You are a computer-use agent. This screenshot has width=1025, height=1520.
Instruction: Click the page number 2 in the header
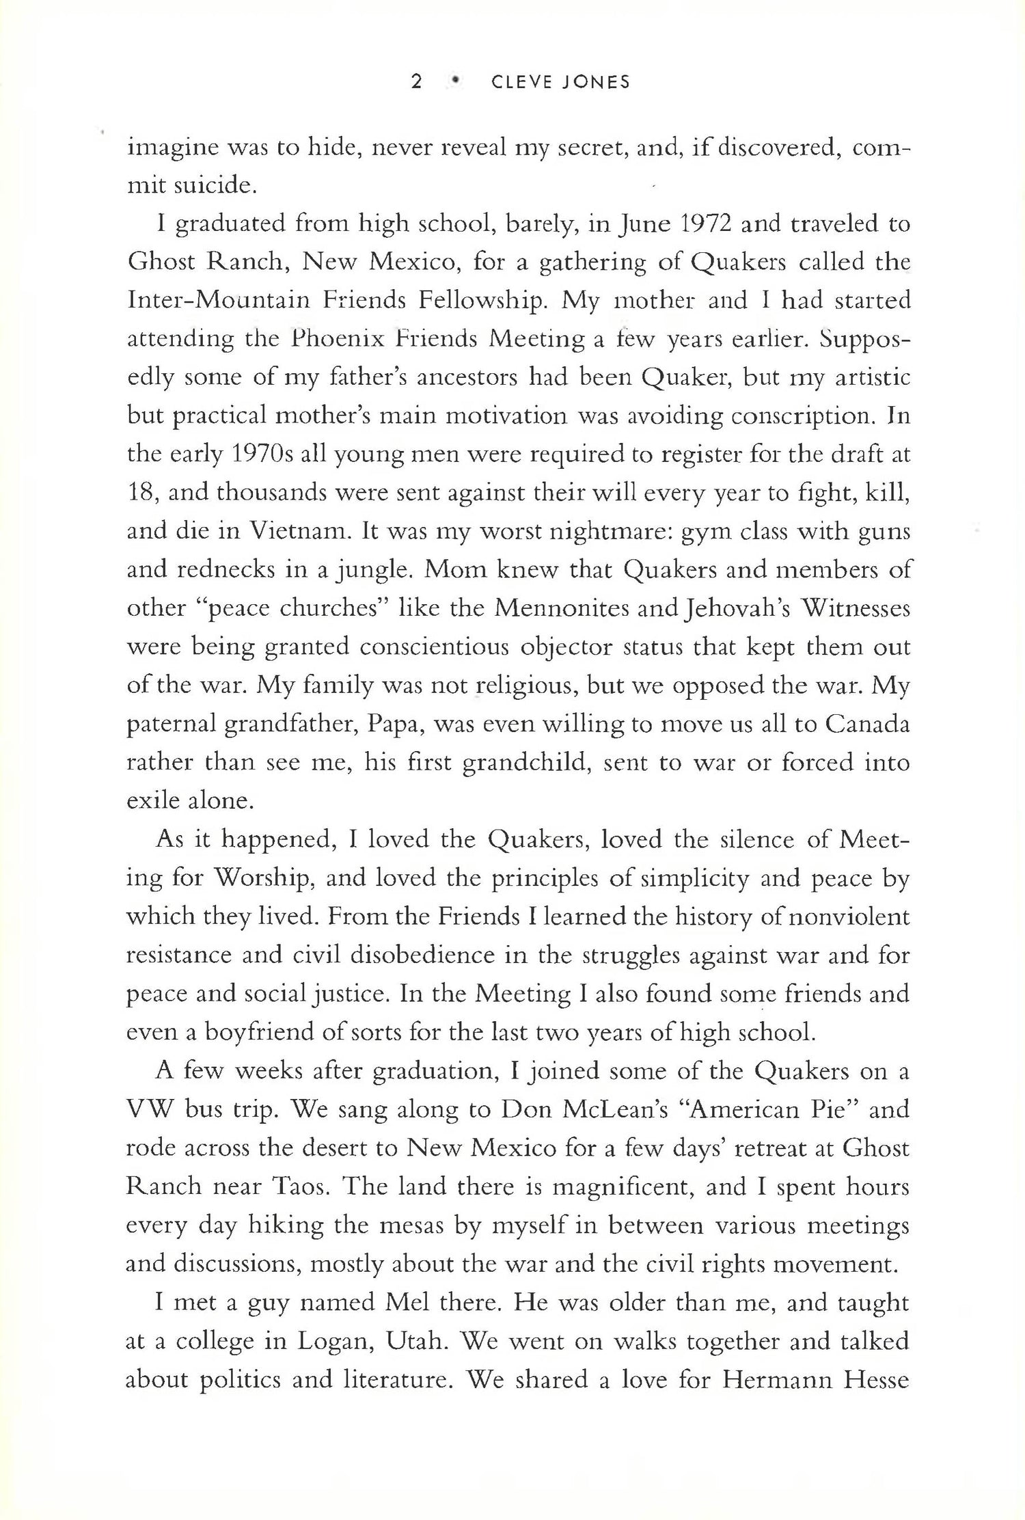pos(416,83)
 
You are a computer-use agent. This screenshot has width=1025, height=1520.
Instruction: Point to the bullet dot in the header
pos(454,83)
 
